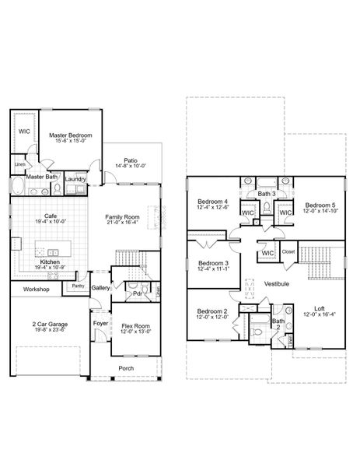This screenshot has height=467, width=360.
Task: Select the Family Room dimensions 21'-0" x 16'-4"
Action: point(123,223)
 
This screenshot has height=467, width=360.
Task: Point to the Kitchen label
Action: point(50,262)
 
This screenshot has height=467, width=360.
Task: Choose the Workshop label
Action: point(36,290)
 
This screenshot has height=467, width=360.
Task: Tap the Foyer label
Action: point(100,321)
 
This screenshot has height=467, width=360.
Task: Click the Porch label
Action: point(125,368)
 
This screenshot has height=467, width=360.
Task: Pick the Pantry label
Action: point(79,286)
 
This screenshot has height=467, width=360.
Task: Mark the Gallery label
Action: point(100,288)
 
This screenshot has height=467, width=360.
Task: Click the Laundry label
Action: point(75,178)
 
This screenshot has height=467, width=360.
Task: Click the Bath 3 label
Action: point(267,192)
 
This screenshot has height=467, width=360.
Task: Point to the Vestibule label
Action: point(276,283)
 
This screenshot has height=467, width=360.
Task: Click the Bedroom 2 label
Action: point(212,311)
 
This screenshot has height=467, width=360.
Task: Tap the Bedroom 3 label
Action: point(213,263)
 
